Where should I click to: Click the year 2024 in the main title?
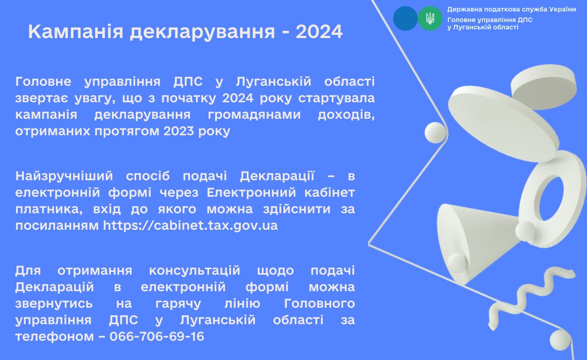(x=319, y=32)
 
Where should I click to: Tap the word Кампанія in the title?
(x=76, y=32)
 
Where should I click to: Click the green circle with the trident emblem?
(x=430, y=19)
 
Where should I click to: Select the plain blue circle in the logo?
(x=405, y=19)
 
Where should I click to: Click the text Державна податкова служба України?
(x=511, y=10)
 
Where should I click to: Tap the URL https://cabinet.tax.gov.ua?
(x=190, y=225)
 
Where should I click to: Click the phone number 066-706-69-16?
(x=157, y=337)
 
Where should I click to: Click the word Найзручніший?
(x=64, y=177)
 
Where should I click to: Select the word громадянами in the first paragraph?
(x=254, y=115)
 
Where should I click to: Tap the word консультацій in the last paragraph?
(x=194, y=271)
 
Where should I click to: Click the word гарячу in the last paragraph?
(x=178, y=304)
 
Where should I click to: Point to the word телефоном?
(x=55, y=337)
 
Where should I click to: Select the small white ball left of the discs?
(x=435, y=133)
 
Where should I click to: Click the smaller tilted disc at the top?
(x=544, y=87)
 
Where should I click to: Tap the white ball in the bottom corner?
(x=560, y=340)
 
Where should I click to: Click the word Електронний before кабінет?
(x=251, y=193)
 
